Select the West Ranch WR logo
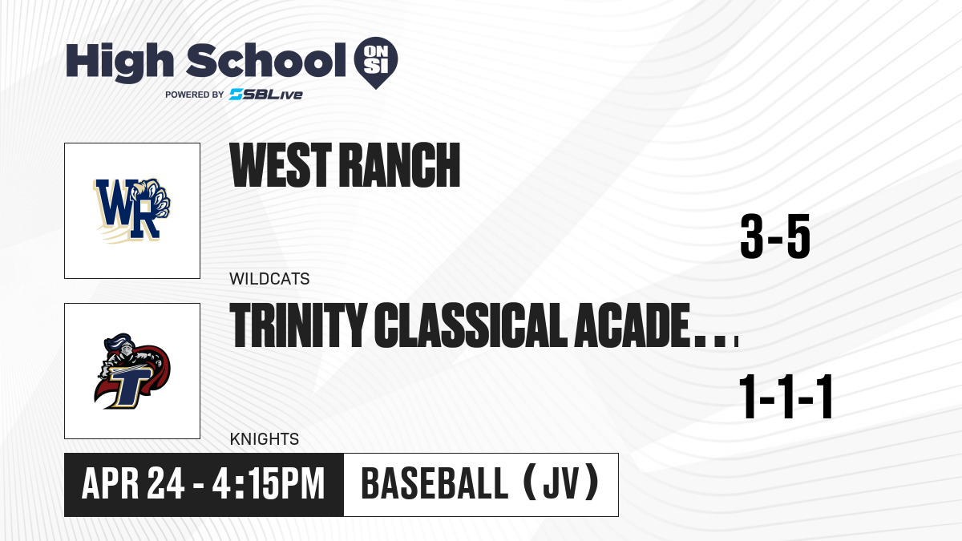point(131,210)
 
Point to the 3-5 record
point(775,236)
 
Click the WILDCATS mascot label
point(269,279)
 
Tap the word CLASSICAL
point(471,325)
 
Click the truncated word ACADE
point(656,325)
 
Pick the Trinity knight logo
point(131,371)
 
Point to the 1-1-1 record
point(786,396)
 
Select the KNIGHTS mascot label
point(264,439)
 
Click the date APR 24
point(133,484)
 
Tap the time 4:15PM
point(269,484)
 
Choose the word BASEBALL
point(435,484)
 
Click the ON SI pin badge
point(376,61)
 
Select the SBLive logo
point(265,95)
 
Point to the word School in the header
point(266,61)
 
